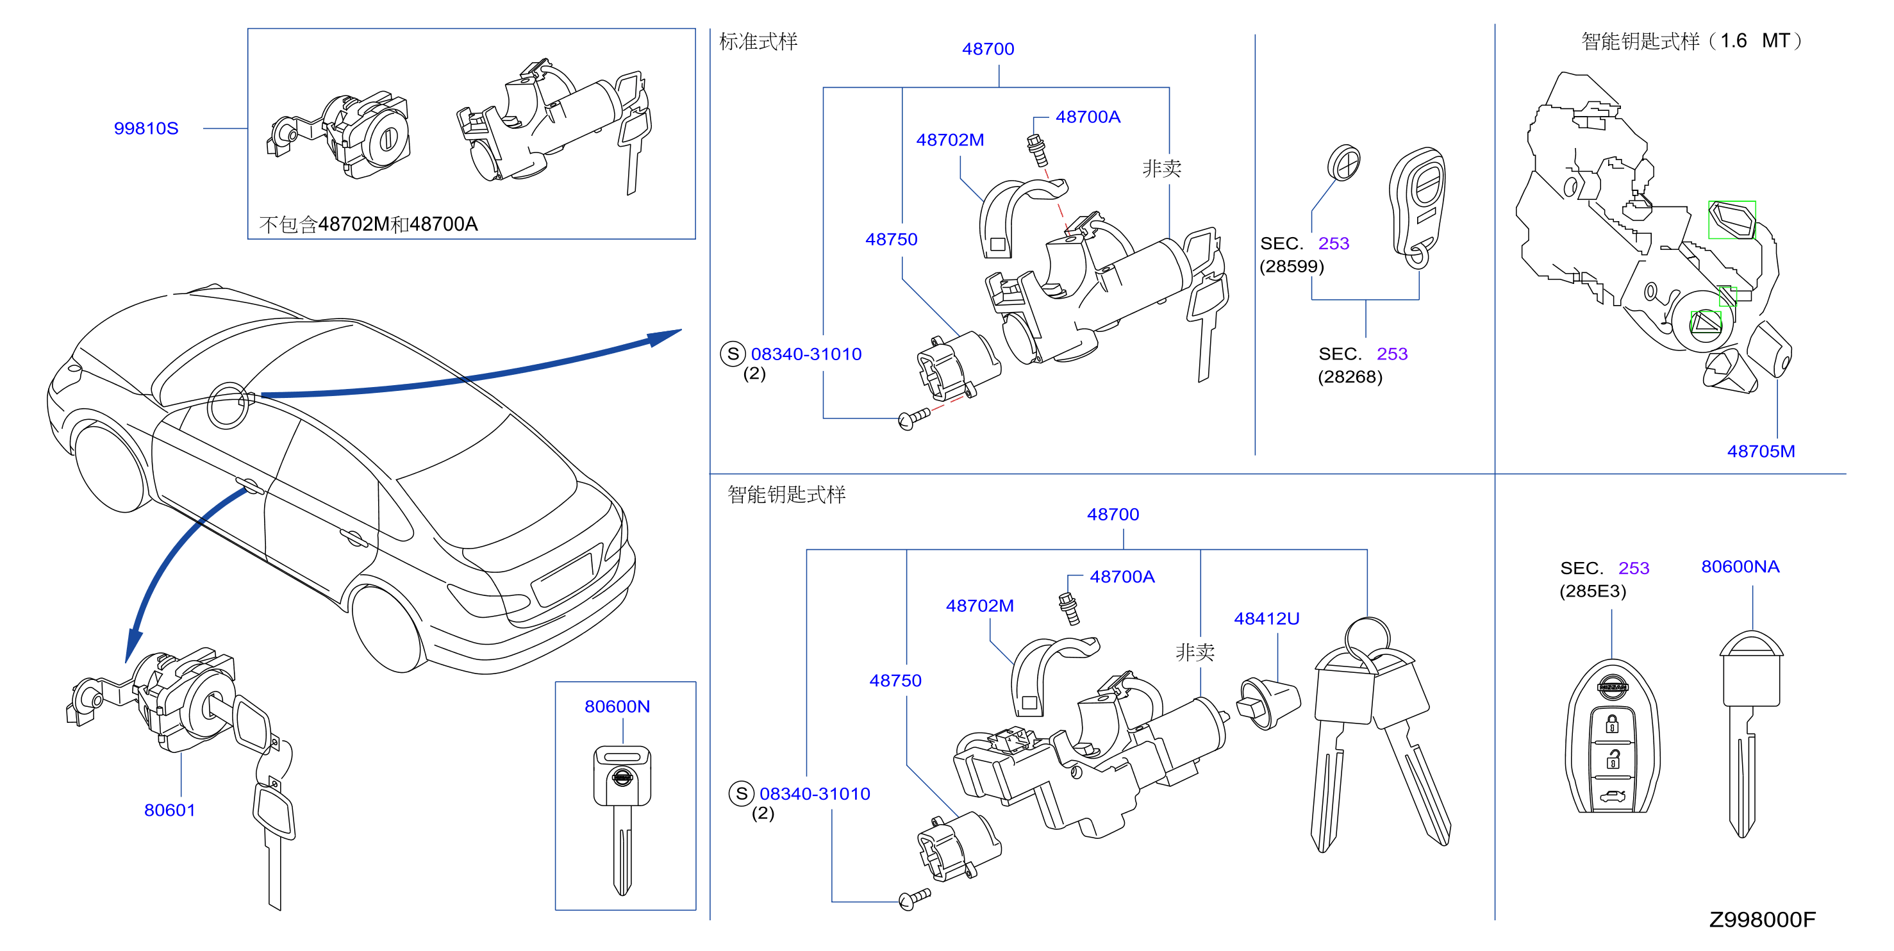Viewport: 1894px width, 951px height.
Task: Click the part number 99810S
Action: (145, 128)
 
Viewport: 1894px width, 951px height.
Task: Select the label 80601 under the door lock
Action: (170, 810)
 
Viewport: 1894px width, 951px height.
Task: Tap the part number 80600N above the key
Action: (617, 706)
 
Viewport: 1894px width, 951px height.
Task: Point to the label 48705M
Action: (1761, 451)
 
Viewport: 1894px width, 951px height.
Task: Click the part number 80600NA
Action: (1740, 566)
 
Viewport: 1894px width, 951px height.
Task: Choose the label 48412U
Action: (1267, 619)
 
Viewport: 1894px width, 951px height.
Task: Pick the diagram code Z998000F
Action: (1763, 920)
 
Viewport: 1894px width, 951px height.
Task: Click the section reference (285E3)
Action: (1593, 591)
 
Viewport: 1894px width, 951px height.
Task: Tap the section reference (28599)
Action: (1292, 266)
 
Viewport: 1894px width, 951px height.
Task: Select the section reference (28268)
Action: (1350, 377)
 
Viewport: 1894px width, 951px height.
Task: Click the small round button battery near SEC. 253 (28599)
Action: (1344, 162)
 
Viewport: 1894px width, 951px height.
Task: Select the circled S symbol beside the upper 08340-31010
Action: (733, 354)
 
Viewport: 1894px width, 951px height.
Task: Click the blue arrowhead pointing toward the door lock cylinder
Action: (134, 645)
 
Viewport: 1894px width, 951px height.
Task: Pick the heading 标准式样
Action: (758, 41)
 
